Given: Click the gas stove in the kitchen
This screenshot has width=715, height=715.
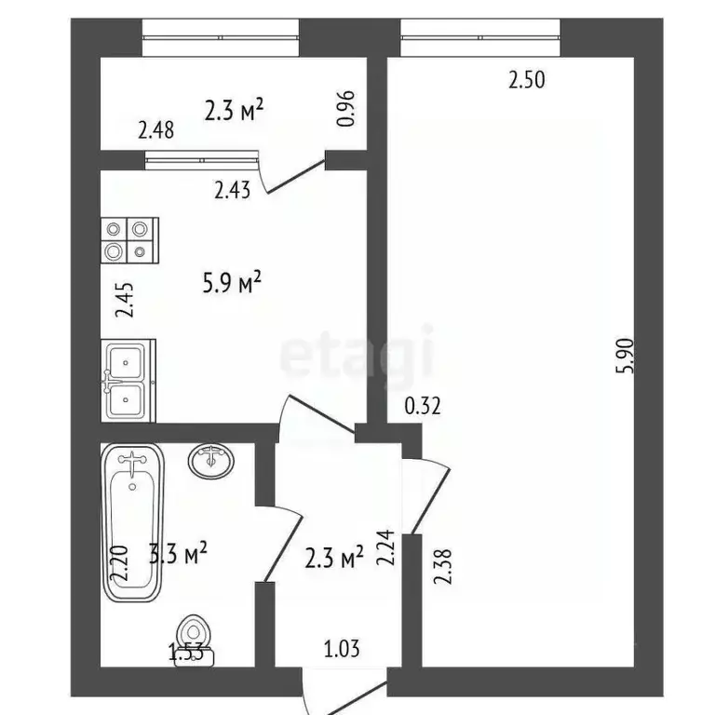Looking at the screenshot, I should click(x=129, y=238).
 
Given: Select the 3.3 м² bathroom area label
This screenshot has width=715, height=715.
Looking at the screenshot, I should click(x=178, y=555).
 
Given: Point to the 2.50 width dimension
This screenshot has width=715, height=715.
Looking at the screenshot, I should click(x=525, y=80).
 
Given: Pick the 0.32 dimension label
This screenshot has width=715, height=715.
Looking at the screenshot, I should click(x=422, y=405).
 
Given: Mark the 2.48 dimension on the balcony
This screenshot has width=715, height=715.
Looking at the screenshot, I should click(x=155, y=131).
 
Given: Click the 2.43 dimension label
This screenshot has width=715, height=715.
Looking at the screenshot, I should click(x=232, y=191).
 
